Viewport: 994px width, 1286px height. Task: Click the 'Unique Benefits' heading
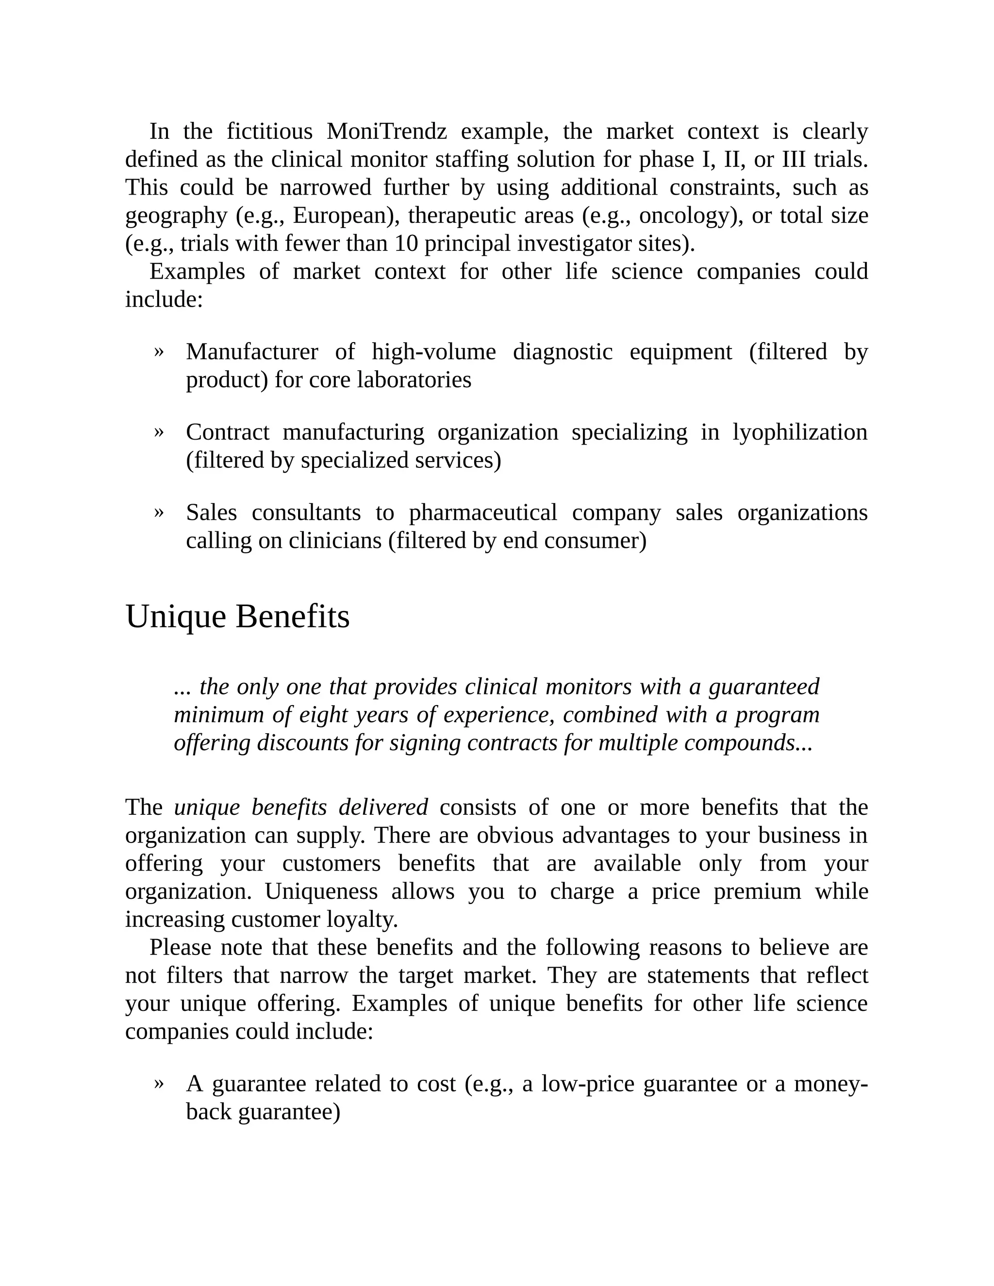(237, 616)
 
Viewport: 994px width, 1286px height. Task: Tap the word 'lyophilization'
(800, 432)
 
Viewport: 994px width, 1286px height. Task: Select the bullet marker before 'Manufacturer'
(158, 351)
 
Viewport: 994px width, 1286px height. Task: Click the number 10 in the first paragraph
(406, 243)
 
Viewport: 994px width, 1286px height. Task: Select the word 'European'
(342, 215)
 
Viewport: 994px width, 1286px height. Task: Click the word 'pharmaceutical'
(483, 512)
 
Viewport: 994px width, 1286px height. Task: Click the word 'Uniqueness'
(321, 891)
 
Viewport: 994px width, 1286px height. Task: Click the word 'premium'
(757, 891)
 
